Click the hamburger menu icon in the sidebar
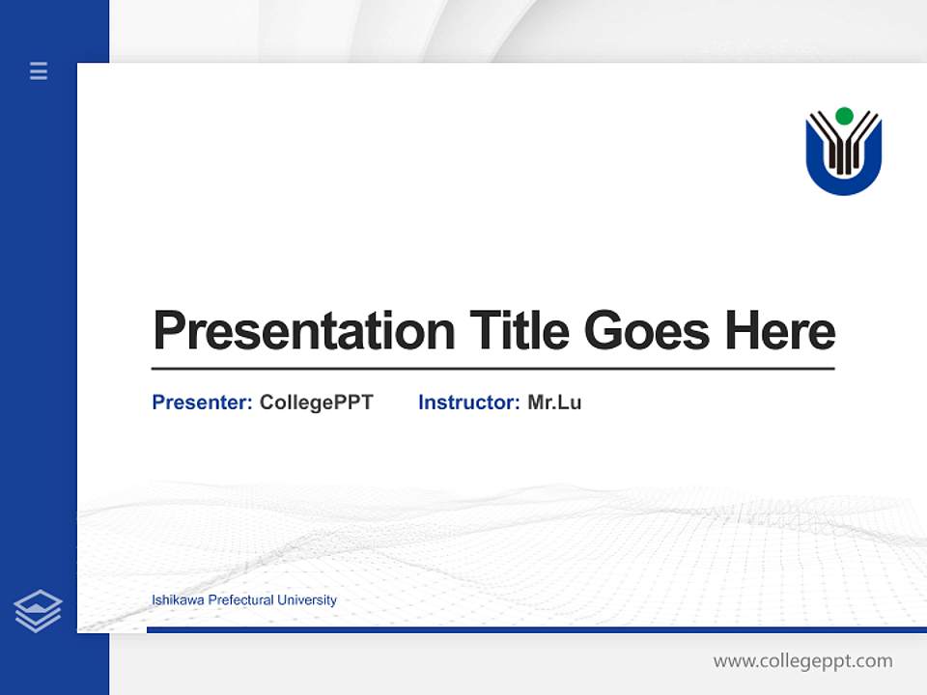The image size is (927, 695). tap(39, 70)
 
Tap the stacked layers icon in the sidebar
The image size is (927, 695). tap(38, 611)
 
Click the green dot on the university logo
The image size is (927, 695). tap(844, 116)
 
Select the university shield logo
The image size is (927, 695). tap(844, 152)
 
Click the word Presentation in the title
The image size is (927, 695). tap(303, 331)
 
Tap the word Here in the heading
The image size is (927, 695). tap(780, 331)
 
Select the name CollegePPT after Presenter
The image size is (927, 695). tap(316, 403)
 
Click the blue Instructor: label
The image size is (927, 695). tap(469, 403)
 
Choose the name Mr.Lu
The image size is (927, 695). tap(554, 403)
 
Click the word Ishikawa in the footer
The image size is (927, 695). tap(178, 600)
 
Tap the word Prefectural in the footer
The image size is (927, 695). tap(240, 600)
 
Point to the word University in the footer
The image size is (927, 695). tap(307, 600)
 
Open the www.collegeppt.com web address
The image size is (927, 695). tap(802, 661)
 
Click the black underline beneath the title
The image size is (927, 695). tap(492, 369)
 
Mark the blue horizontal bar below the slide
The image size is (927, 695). tap(536, 629)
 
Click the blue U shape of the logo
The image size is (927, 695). tap(844, 183)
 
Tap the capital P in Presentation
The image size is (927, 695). tap(169, 331)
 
